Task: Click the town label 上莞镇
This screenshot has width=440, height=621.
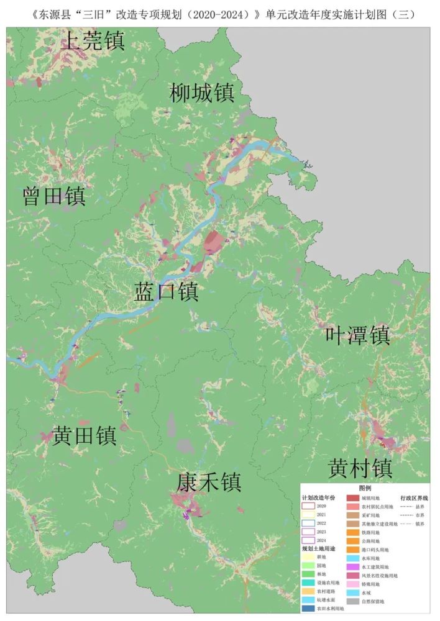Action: click(x=94, y=42)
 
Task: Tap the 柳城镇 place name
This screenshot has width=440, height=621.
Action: click(x=202, y=94)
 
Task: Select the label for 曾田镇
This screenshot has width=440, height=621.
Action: click(x=54, y=197)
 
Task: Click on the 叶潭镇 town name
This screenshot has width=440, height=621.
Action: click(x=358, y=335)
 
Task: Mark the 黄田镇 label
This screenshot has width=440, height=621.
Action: click(x=85, y=436)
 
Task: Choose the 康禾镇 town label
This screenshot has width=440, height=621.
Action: click(x=209, y=482)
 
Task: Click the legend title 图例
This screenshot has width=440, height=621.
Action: click(x=365, y=489)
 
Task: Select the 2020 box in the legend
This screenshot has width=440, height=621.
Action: click(x=309, y=507)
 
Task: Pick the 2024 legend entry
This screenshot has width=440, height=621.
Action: click(x=309, y=540)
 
